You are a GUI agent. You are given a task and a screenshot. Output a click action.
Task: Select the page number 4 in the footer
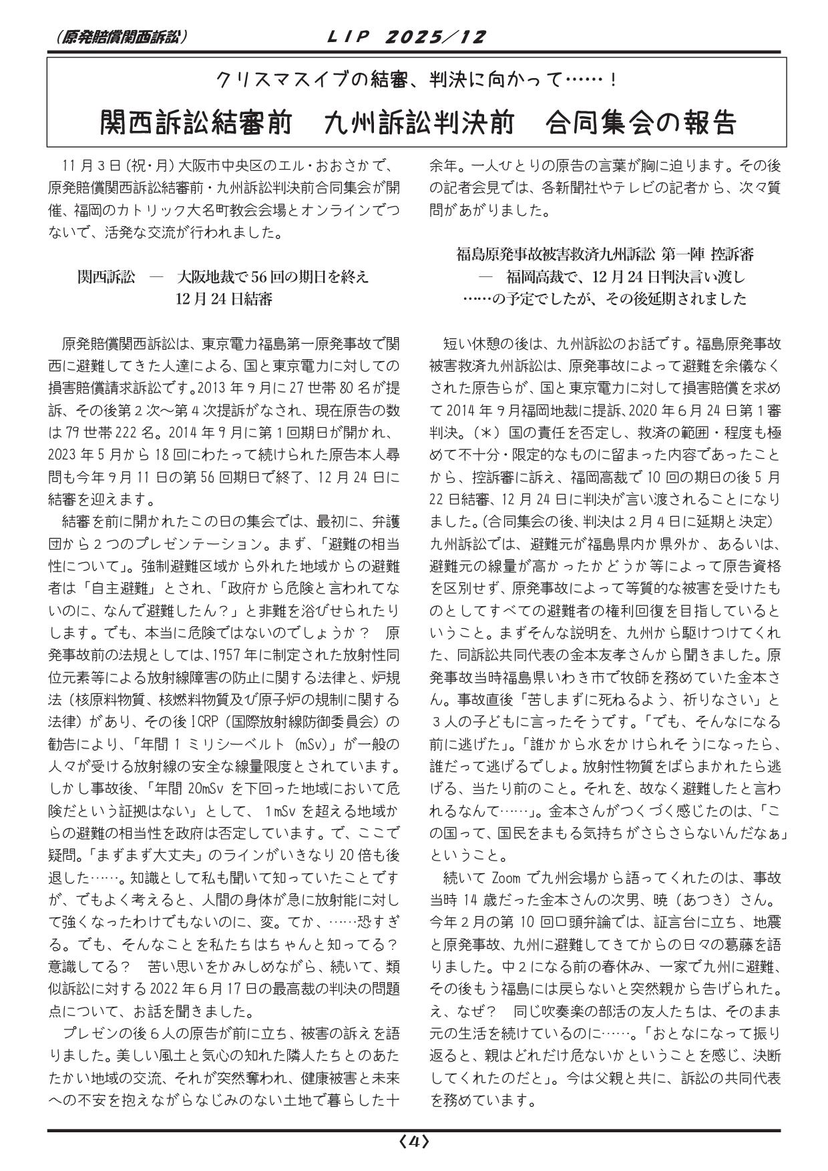click(414, 1142)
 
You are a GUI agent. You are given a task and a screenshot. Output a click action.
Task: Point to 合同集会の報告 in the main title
click(640, 123)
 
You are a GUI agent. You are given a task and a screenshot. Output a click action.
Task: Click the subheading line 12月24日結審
click(224, 298)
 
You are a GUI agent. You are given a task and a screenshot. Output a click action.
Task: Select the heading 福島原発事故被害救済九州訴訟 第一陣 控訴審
click(605, 255)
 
